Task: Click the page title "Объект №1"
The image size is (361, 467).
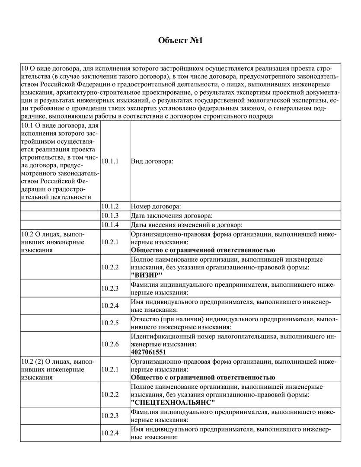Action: (180, 41)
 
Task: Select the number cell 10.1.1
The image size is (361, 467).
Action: (110, 161)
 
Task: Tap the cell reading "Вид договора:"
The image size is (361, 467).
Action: (152, 161)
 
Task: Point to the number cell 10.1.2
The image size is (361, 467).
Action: (110, 206)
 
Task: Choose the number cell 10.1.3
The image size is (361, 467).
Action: (110, 215)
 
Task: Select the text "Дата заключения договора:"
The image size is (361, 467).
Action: (172, 215)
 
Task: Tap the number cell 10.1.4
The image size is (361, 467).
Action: (110, 224)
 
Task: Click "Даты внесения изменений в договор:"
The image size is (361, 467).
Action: (186, 224)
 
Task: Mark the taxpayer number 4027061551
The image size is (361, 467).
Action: (148, 352)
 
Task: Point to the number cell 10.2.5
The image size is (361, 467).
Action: (110, 323)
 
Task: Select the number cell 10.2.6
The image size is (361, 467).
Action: (110, 344)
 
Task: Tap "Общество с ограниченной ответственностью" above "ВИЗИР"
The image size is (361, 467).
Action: (203, 250)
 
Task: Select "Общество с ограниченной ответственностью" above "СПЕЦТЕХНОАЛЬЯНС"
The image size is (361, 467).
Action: (203, 377)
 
